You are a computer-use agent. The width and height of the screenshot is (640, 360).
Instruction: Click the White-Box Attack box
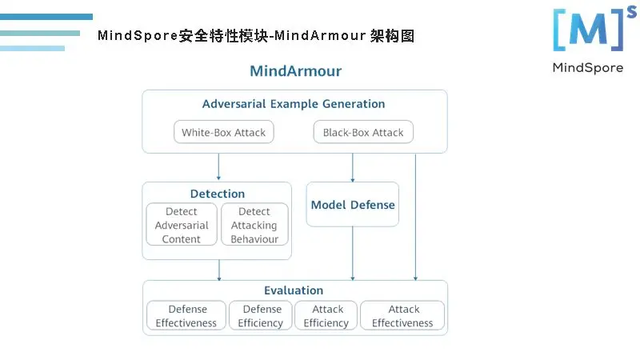tap(223, 132)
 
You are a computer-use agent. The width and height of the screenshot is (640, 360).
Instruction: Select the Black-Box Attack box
tap(363, 132)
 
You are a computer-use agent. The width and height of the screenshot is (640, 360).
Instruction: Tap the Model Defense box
tap(353, 204)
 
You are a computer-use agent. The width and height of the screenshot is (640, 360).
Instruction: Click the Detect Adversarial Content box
tap(182, 225)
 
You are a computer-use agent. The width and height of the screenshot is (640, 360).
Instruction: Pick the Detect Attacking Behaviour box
tap(254, 225)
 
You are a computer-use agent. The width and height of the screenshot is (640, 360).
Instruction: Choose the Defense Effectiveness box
tap(186, 316)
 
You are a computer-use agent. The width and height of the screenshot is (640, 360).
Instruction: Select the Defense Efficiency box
tap(261, 316)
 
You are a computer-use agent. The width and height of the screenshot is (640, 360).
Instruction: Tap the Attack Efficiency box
tap(326, 316)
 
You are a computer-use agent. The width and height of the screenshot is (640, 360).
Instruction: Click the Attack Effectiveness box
tap(402, 316)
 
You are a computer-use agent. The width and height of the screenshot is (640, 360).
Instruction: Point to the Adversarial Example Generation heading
tap(294, 104)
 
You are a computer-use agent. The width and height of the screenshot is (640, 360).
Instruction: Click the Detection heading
tap(218, 194)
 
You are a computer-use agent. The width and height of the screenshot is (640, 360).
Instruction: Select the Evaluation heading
tap(294, 290)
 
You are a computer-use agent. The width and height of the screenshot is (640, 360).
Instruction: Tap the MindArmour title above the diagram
tap(295, 71)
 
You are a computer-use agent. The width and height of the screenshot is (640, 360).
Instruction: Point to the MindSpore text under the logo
tap(587, 68)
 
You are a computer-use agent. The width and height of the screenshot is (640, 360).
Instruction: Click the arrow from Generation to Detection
tap(218, 166)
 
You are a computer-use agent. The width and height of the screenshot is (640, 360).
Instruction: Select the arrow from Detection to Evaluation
tap(218, 270)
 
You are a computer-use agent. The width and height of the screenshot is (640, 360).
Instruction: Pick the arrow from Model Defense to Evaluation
tap(353, 253)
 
